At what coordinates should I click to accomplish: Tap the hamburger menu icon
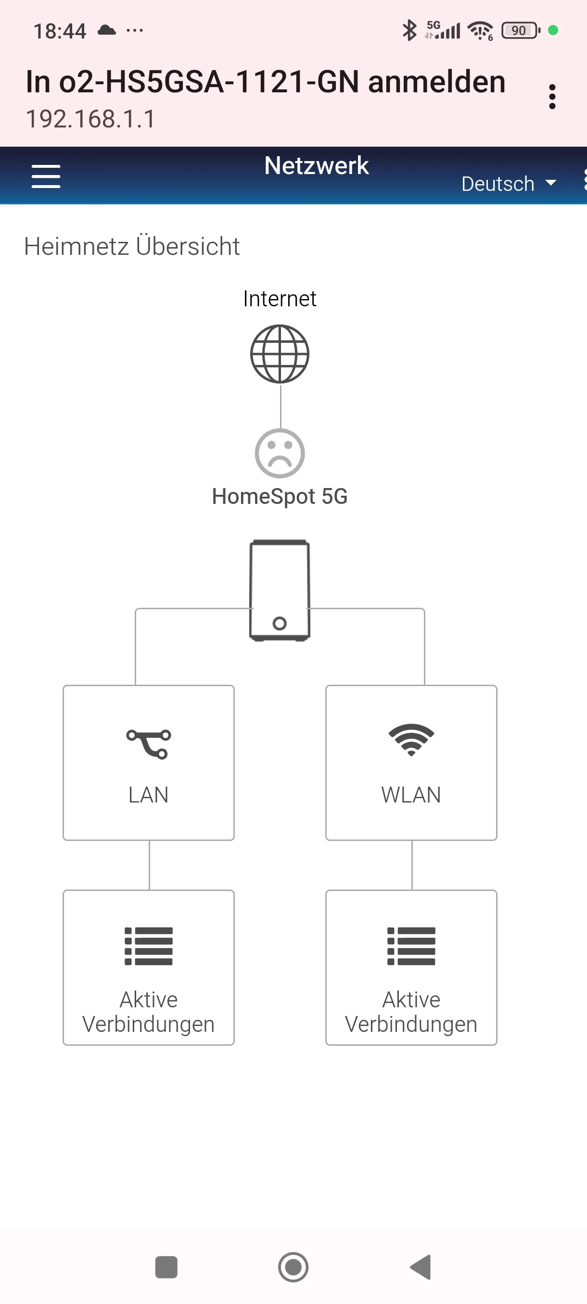(46, 176)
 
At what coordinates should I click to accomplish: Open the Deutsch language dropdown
(508, 184)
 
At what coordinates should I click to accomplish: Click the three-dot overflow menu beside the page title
(552, 97)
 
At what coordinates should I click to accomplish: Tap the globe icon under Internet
(280, 354)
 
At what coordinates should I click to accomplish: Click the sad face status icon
(280, 453)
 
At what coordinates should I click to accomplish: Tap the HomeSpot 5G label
(280, 496)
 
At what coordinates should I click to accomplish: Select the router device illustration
(280, 590)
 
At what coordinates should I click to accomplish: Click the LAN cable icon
(148, 744)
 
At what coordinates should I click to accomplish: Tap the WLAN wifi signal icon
(411, 740)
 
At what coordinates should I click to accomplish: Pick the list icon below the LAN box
(148, 946)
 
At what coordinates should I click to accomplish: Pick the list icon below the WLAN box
(411, 946)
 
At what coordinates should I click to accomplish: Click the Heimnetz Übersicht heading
(132, 247)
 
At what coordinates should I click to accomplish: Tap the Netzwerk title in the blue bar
(317, 165)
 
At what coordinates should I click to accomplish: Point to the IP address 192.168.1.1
(90, 119)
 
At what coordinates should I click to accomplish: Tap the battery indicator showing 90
(520, 30)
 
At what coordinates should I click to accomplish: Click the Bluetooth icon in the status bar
(409, 30)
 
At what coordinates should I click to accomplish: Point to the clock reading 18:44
(60, 31)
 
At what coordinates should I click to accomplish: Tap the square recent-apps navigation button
(166, 1267)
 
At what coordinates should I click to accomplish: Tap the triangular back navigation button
(421, 1267)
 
